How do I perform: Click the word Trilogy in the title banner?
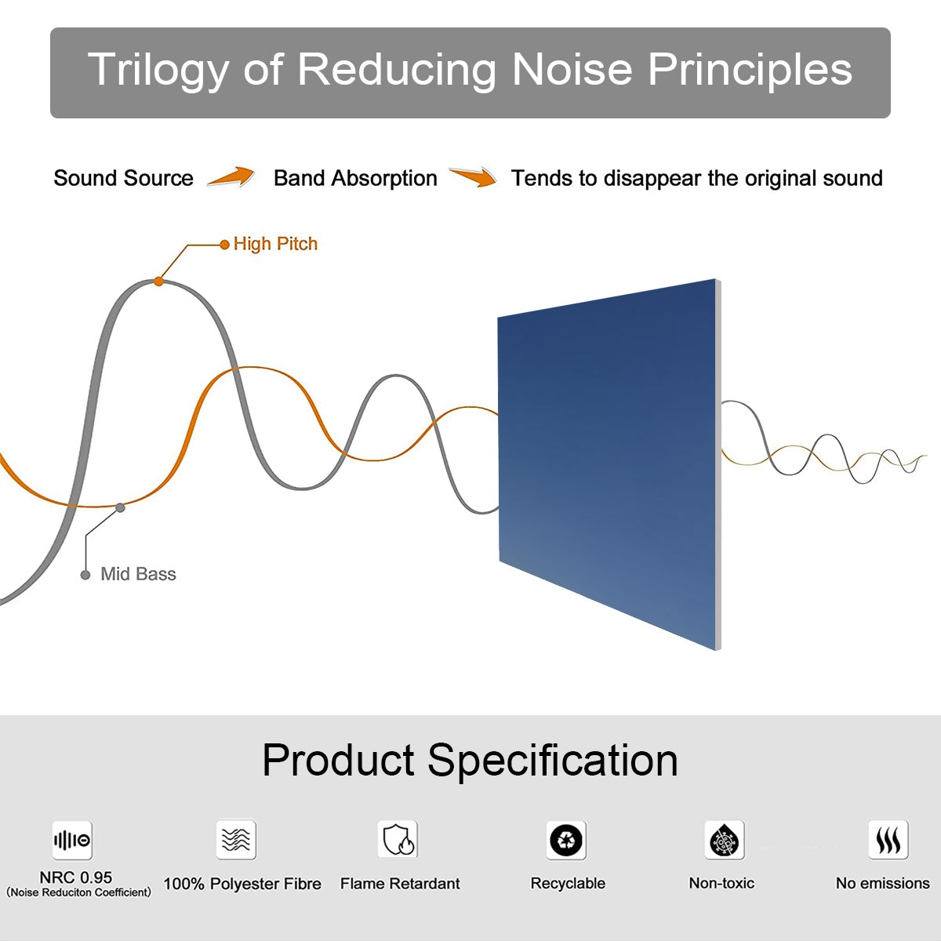coord(157,71)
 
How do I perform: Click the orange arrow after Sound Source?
coord(231,177)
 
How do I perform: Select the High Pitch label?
coord(275,244)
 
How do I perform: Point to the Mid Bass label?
coord(138,574)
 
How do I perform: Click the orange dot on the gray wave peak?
coord(158,281)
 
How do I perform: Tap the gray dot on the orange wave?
coord(120,507)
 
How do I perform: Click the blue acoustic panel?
coord(609,463)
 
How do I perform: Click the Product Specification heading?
coord(470,760)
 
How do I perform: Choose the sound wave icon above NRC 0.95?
coord(72,841)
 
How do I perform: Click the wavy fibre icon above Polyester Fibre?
coord(236,840)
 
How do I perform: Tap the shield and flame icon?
coord(398,840)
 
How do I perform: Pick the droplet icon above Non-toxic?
coord(725,841)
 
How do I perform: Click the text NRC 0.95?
coord(76,877)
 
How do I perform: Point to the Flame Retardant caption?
coord(400,884)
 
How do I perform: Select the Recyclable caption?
coord(568,884)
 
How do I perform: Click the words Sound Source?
coord(123,178)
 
